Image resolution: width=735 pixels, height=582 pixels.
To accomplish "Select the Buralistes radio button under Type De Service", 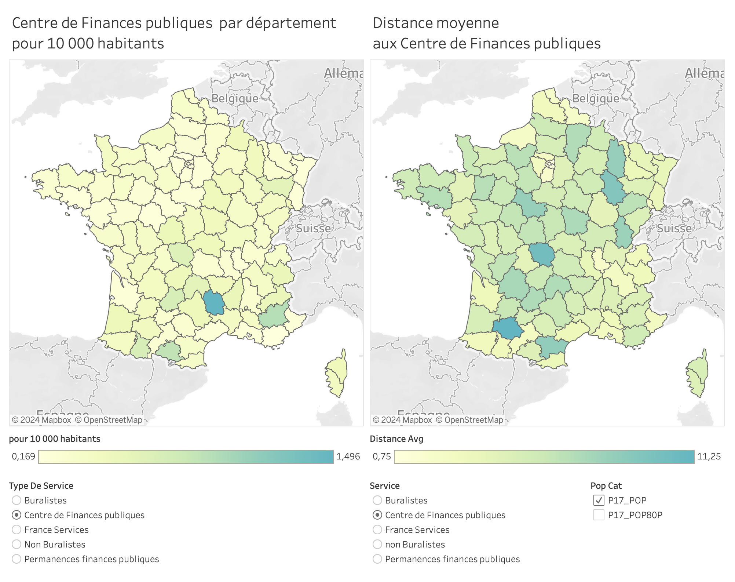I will pyautogui.click(x=17, y=500).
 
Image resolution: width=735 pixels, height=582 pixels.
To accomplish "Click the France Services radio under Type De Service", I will pyautogui.click(x=17, y=530).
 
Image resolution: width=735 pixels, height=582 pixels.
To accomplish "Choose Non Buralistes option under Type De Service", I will pyautogui.click(x=17, y=544).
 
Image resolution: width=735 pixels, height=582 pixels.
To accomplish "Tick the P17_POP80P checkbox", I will pyautogui.click(x=599, y=515).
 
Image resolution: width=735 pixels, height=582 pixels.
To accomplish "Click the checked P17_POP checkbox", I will pyautogui.click(x=599, y=500).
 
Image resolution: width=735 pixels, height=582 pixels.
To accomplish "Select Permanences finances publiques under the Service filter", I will pyautogui.click(x=377, y=559).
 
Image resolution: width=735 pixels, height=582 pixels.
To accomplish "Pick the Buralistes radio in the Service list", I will pyautogui.click(x=377, y=500).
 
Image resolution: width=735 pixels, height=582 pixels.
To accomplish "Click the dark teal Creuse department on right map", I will pyautogui.click(x=542, y=254).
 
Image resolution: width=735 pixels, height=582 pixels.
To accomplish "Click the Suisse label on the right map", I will pyautogui.click(x=674, y=228).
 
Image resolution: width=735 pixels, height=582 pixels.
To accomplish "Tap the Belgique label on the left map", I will pyautogui.click(x=235, y=98).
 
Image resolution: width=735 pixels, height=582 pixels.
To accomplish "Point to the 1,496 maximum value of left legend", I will pyautogui.click(x=348, y=456).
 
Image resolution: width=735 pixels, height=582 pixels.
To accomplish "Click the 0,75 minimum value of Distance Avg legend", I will pyautogui.click(x=381, y=456).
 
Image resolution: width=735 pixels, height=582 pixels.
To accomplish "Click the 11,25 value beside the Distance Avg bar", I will pyautogui.click(x=709, y=456).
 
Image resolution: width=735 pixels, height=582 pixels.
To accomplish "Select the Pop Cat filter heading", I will pyautogui.click(x=606, y=486).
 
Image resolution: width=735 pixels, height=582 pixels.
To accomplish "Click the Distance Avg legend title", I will pyautogui.click(x=396, y=439).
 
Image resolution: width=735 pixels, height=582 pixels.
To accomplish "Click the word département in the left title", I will pyautogui.click(x=290, y=23).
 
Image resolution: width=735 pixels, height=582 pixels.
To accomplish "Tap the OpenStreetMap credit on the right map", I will pyautogui.click(x=469, y=420).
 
